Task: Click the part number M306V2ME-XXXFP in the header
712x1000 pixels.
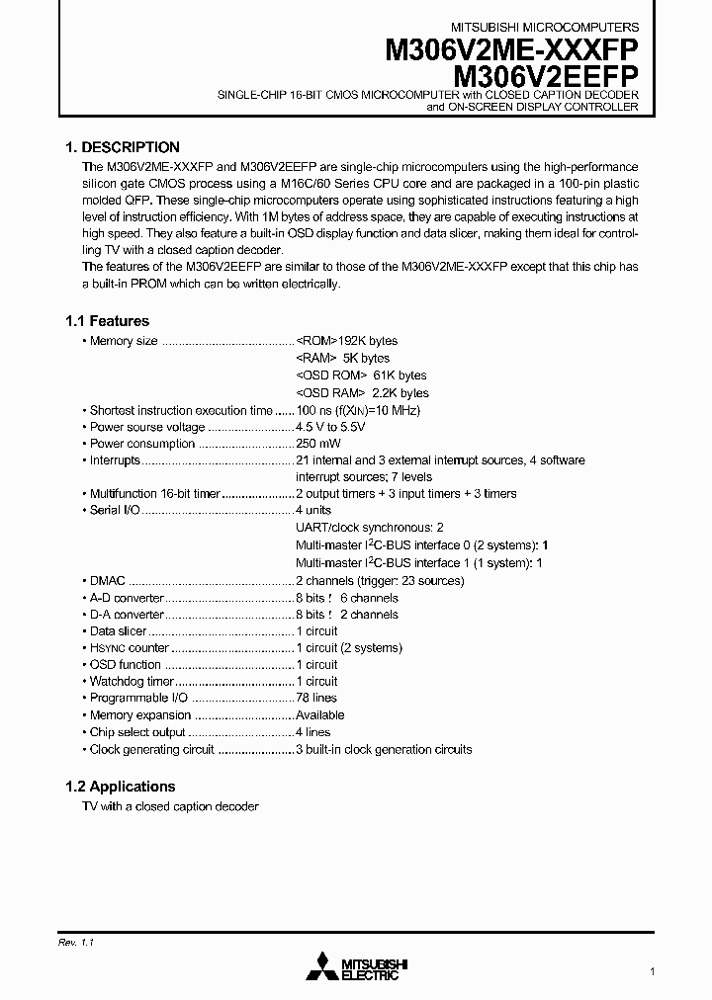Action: click(511, 51)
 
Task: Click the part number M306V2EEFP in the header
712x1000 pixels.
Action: click(545, 76)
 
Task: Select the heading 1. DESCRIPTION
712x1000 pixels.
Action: click(122, 147)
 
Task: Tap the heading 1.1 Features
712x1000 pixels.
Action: click(107, 321)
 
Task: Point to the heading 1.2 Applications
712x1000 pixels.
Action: click(120, 787)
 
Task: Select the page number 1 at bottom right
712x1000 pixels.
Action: click(652, 971)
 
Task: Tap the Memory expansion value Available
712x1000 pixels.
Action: click(320, 714)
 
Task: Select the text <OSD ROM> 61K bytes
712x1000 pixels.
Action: click(361, 375)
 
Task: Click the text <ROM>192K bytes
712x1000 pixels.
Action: click(346, 341)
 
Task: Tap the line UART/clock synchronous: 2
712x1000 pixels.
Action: click(369, 528)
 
